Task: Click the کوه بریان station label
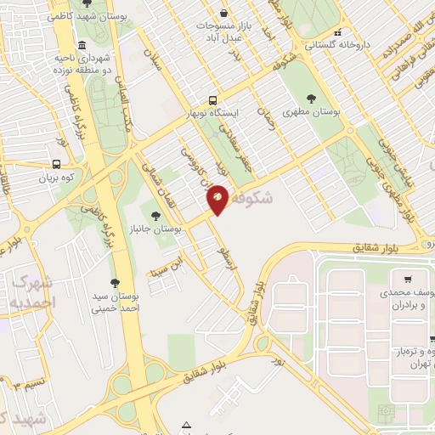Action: (x=56, y=178)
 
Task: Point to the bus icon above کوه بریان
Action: (x=56, y=164)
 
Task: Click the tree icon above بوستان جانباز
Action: (x=155, y=216)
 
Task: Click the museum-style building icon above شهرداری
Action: (x=81, y=44)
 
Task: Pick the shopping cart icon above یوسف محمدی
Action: (x=409, y=280)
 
